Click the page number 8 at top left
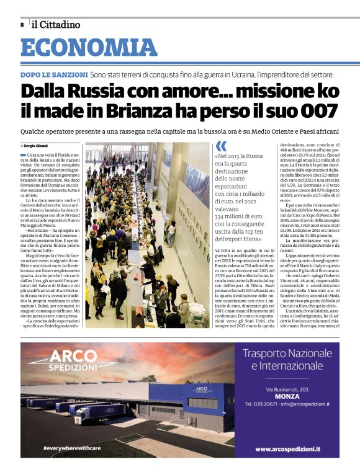click(22, 24)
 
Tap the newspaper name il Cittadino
click(56, 24)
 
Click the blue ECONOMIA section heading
click(88, 48)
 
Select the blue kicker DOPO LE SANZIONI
click(54, 74)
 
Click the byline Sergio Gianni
click(37, 145)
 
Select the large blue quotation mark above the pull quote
click(221, 146)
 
